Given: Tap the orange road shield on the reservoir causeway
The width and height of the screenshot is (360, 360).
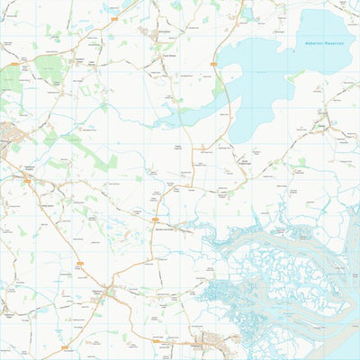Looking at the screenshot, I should [213, 64].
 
